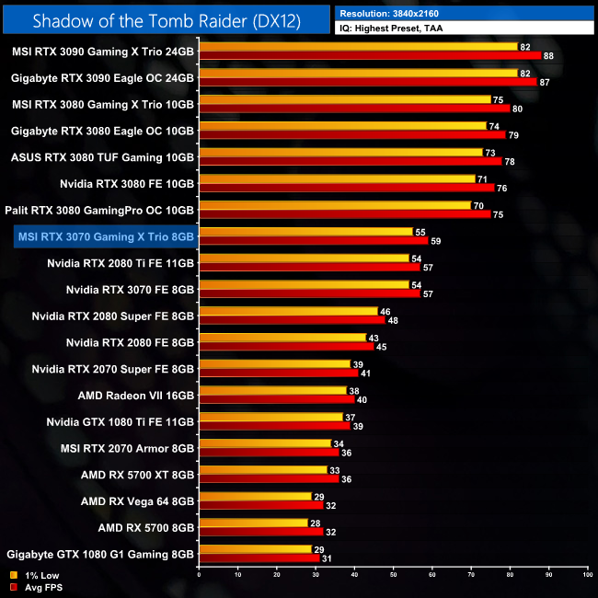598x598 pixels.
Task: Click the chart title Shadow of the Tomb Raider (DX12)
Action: tap(166, 19)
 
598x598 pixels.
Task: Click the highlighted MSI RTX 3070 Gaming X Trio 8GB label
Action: tap(105, 237)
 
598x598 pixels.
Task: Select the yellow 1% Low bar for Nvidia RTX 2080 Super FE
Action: tap(288, 311)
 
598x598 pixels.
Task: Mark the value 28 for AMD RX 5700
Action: tap(314, 523)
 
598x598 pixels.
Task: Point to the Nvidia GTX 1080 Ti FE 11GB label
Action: tap(120, 422)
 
